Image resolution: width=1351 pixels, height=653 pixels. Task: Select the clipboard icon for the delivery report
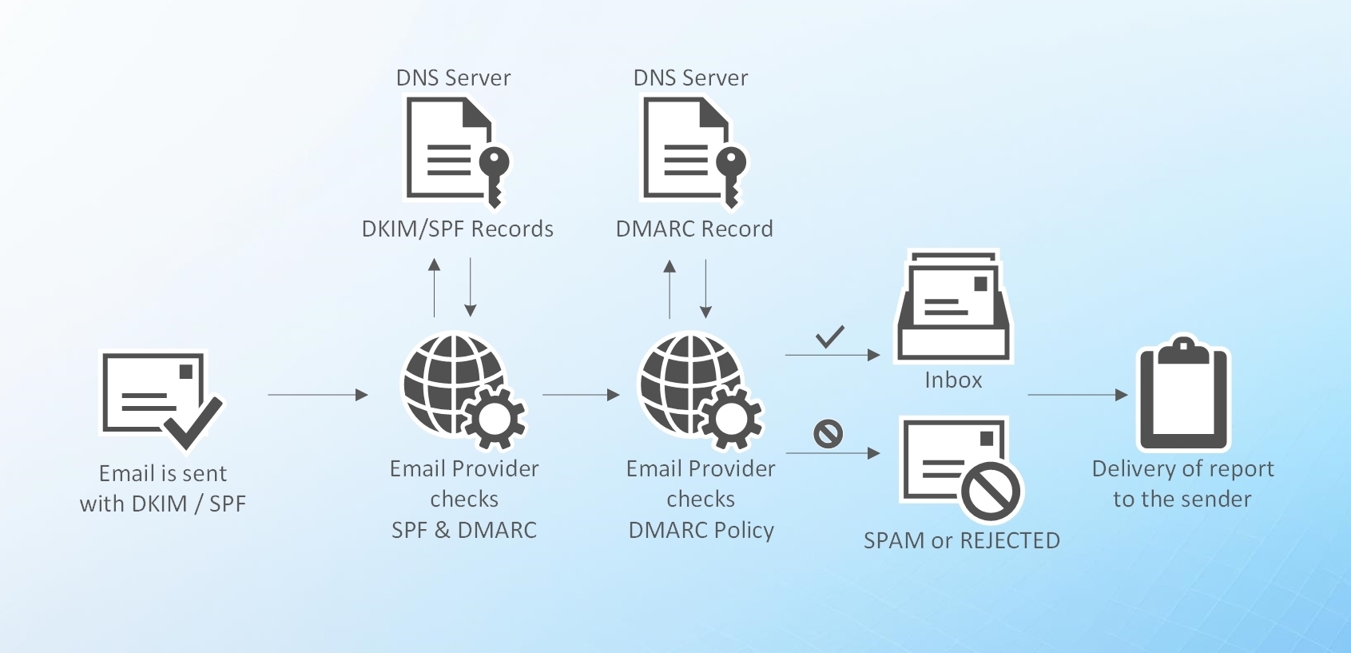(1182, 395)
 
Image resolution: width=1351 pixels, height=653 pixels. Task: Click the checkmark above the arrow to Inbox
(830, 336)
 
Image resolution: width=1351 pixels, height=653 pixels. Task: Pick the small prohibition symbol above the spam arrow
(828, 434)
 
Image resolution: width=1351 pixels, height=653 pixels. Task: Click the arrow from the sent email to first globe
(317, 395)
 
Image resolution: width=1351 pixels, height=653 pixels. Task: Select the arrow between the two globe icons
(580, 395)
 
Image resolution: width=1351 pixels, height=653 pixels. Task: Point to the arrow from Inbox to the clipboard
(1076, 395)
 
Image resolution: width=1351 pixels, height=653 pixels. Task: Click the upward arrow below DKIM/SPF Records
(435, 288)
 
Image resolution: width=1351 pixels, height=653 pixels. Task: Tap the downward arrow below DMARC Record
(705, 288)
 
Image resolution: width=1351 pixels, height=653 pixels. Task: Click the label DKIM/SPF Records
(457, 229)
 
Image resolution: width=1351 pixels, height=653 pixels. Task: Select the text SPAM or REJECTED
(961, 541)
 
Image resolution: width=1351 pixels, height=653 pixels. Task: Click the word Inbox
(953, 380)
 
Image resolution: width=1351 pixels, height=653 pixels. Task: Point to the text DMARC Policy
(701, 531)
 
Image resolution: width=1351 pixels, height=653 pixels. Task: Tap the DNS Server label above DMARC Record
(690, 78)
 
